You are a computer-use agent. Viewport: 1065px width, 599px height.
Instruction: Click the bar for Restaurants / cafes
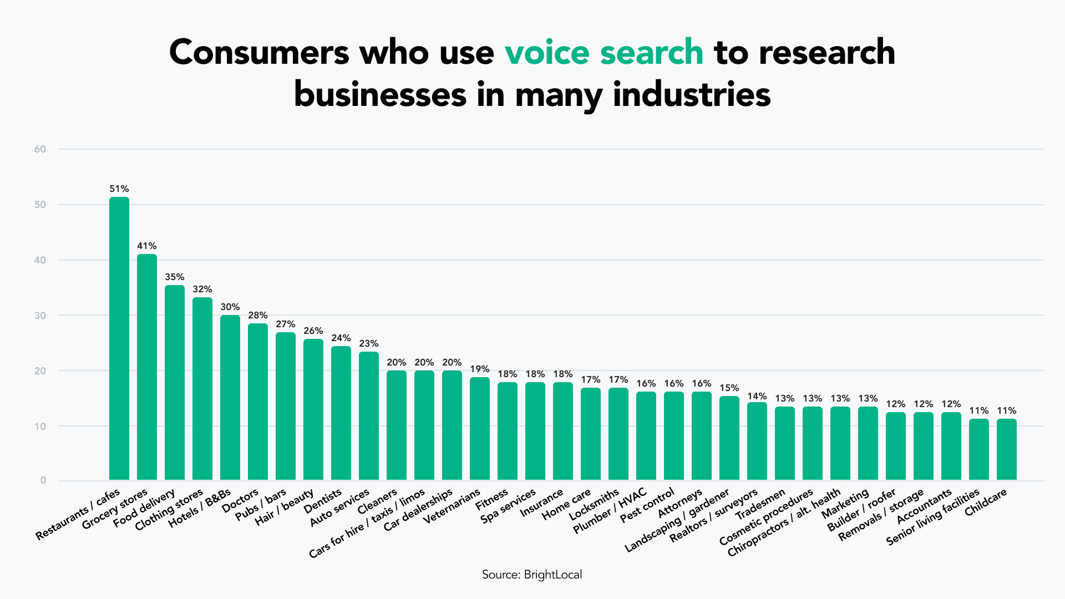[119, 338]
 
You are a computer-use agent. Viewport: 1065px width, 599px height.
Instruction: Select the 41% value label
[147, 246]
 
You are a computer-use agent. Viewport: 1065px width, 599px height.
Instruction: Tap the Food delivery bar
[175, 383]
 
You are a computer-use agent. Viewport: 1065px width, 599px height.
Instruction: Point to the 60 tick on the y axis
[40, 149]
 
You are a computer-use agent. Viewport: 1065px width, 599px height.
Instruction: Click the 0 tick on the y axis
[43, 480]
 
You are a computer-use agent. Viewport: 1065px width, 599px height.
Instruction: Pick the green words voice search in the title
[603, 52]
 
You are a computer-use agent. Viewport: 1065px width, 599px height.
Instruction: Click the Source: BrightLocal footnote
[532, 575]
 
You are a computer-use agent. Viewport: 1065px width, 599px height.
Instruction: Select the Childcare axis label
[986, 502]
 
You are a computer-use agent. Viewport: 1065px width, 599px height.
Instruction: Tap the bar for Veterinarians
[480, 428]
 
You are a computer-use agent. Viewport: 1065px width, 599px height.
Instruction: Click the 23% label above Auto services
[369, 343]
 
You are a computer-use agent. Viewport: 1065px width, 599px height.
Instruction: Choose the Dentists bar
[341, 413]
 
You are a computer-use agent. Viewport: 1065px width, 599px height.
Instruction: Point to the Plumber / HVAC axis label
[610, 511]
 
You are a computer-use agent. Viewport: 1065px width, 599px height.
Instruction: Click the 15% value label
[729, 388]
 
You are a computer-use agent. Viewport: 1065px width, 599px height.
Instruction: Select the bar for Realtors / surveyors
[757, 441]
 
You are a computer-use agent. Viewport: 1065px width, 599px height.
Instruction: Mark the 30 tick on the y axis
[40, 316]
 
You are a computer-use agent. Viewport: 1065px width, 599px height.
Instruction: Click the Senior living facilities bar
[979, 449]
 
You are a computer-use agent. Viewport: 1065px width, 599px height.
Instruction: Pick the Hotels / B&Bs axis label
[200, 509]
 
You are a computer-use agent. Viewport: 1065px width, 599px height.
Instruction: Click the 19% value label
[480, 369]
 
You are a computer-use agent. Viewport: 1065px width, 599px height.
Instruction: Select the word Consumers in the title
[260, 52]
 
